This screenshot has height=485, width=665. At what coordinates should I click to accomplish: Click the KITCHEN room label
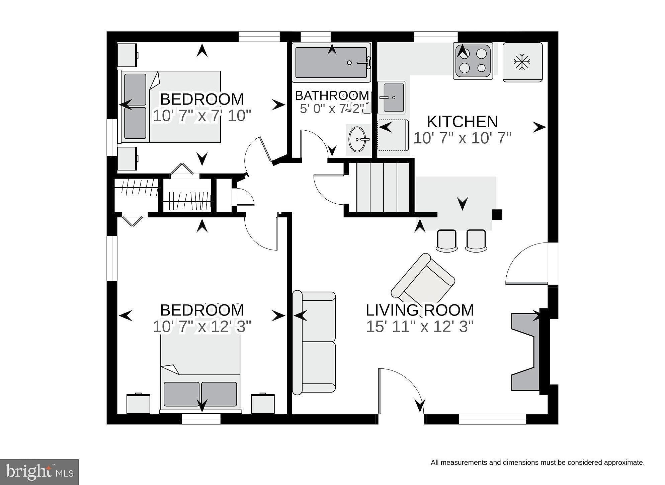[462, 122]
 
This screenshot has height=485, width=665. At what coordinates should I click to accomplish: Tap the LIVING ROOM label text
[420, 310]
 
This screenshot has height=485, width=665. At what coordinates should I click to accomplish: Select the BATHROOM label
[332, 95]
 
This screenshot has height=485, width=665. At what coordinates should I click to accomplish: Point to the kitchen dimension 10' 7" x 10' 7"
[463, 138]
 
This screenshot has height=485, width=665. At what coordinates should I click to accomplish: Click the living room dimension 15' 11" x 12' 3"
[420, 327]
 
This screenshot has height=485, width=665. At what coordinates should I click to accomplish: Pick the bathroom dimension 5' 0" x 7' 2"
[331, 109]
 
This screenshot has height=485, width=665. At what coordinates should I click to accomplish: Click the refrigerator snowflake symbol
[522, 62]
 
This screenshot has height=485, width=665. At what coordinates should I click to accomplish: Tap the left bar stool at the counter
[446, 240]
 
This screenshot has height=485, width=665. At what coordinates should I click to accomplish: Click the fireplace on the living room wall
[525, 351]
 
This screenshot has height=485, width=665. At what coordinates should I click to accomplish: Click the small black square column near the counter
[497, 215]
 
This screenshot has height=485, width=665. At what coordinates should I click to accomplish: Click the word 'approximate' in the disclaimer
[624, 463]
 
